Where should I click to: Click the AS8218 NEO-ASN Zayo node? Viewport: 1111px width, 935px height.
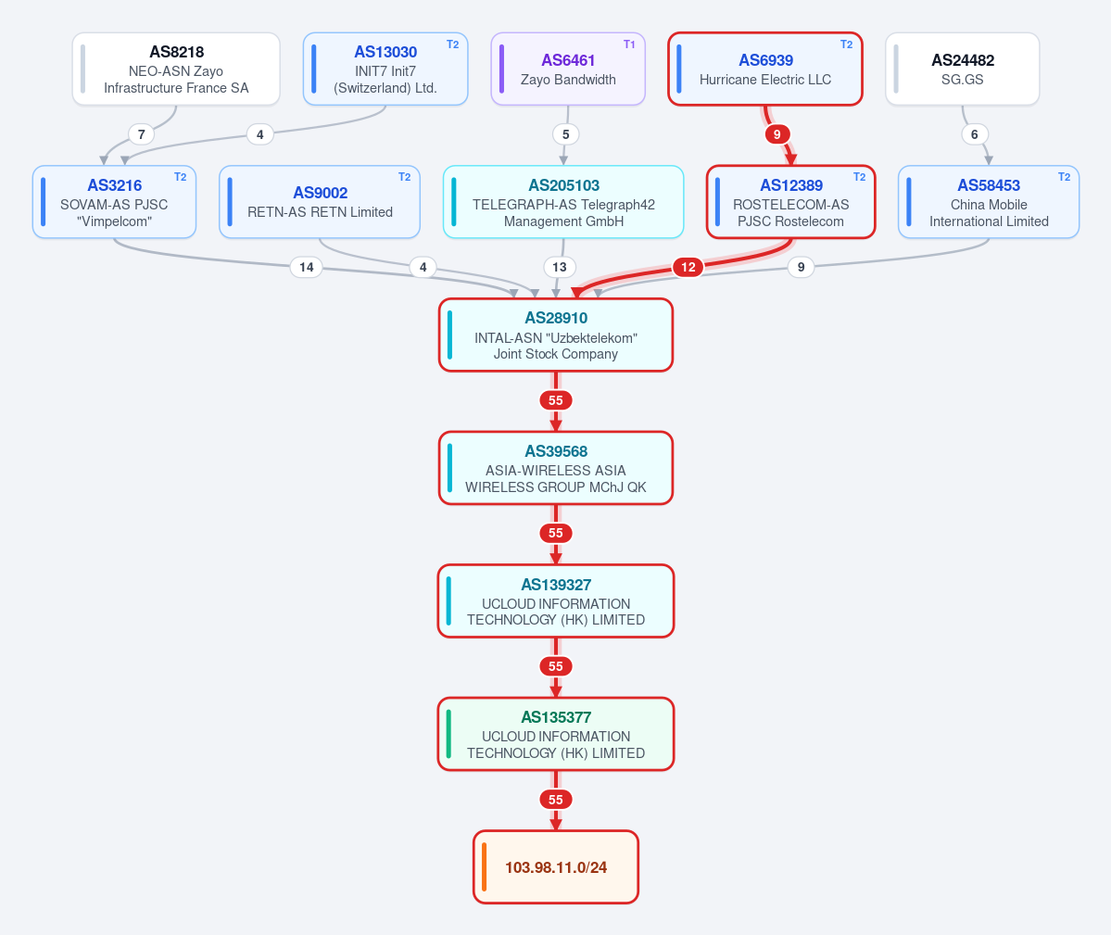tap(176, 69)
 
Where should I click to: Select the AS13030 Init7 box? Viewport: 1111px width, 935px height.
tap(385, 69)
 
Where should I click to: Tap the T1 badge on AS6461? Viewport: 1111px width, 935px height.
tap(629, 44)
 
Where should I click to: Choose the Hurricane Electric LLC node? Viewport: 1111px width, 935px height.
tap(765, 69)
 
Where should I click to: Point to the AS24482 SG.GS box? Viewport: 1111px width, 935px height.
tap(962, 69)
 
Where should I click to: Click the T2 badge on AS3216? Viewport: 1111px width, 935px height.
tap(181, 177)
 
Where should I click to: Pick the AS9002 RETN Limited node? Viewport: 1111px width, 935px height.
tap(320, 202)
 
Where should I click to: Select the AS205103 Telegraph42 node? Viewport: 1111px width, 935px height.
tap(563, 202)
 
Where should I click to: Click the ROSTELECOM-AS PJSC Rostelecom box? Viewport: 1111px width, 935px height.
tap(790, 202)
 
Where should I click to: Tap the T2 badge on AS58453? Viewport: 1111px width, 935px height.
tap(1065, 177)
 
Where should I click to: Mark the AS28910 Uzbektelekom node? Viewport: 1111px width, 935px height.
tap(556, 335)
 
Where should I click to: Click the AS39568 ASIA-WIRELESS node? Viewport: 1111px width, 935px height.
tap(556, 468)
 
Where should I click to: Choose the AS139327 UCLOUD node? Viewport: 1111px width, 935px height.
tap(556, 601)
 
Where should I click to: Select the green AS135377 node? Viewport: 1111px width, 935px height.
tap(556, 735)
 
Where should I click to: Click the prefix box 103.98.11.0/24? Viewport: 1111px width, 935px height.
tap(556, 867)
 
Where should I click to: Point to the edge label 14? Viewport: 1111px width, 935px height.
tap(306, 267)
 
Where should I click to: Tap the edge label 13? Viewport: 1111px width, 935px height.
tap(560, 267)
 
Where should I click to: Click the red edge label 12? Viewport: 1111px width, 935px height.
tap(688, 267)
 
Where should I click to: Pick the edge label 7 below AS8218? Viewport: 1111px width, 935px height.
tap(142, 134)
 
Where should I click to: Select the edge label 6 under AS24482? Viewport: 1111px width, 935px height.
tap(974, 134)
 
